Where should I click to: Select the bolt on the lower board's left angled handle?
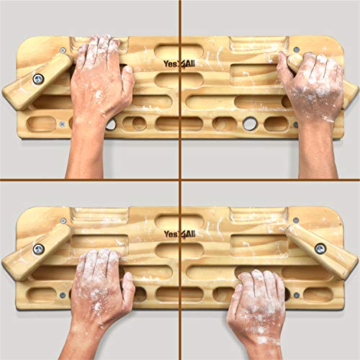(38, 249)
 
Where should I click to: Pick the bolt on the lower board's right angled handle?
(320, 248)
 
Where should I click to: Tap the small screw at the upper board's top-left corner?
(63, 50)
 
